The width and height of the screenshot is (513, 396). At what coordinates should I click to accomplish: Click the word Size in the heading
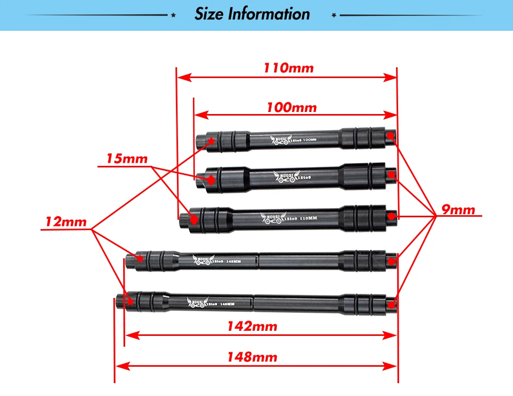coord(209,14)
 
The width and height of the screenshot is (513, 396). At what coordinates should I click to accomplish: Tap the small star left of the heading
coord(173,16)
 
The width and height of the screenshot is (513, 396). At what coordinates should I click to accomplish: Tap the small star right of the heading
coord(334,16)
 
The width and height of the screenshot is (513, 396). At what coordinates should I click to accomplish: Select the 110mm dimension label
coord(288,68)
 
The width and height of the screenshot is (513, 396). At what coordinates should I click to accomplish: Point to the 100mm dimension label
coord(291,108)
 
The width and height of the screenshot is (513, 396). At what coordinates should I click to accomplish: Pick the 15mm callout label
coord(127,158)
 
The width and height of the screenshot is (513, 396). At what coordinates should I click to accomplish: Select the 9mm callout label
coord(459,210)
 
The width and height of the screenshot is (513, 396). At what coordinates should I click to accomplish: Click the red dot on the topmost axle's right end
coord(390,136)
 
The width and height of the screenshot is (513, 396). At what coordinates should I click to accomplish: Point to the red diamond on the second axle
coord(210,180)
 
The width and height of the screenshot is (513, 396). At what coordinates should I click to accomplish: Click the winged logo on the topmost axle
coord(280,140)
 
